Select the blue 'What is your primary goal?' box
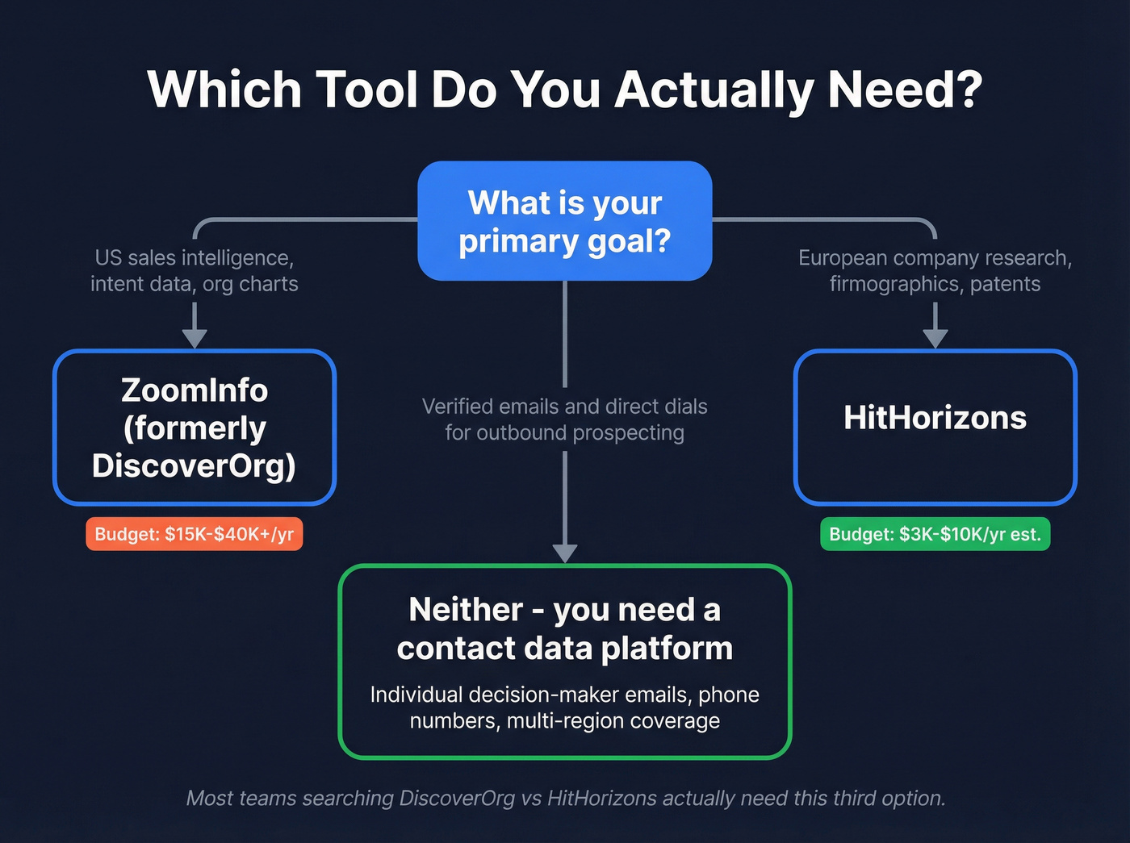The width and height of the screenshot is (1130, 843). (564, 221)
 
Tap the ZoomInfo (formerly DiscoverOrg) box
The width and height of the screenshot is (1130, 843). (195, 428)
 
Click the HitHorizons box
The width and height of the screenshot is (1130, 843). (935, 428)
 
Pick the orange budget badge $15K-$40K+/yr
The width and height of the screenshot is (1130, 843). (195, 534)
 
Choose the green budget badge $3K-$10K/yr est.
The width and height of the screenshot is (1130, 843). (935, 534)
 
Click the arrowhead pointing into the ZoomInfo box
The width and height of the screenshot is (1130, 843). (195, 338)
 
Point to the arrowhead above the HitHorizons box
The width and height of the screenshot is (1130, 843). (935, 338)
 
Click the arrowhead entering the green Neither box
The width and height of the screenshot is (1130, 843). (564, 553)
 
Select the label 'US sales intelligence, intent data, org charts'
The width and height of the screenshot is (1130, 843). (195, 271)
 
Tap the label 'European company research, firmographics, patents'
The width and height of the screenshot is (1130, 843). (935, 271)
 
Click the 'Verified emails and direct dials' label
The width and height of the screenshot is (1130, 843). (564, 407)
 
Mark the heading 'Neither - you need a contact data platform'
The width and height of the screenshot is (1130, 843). (564, 629)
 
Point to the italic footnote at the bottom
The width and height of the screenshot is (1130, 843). (565, 798)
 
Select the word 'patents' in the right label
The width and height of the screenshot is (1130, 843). (1005, 284)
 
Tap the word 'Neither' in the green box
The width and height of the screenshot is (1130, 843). (466, 610)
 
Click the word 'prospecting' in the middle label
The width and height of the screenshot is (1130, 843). (621, 433)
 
